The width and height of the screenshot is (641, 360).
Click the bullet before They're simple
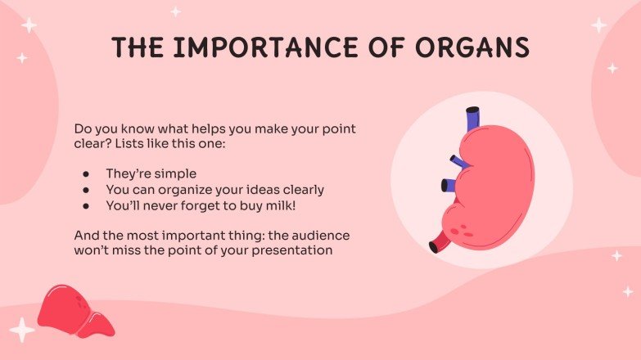tap(86, 174)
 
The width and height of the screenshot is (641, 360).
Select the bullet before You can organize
tap(86, 190)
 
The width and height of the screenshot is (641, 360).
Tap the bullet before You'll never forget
tap(86, 205)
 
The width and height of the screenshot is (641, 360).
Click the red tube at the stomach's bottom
tap(440, 242)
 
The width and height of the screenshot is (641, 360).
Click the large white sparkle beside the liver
tap(21, 331)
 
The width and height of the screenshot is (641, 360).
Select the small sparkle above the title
tap(175, 11)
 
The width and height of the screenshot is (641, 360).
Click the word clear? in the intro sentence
tap(91, 144)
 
